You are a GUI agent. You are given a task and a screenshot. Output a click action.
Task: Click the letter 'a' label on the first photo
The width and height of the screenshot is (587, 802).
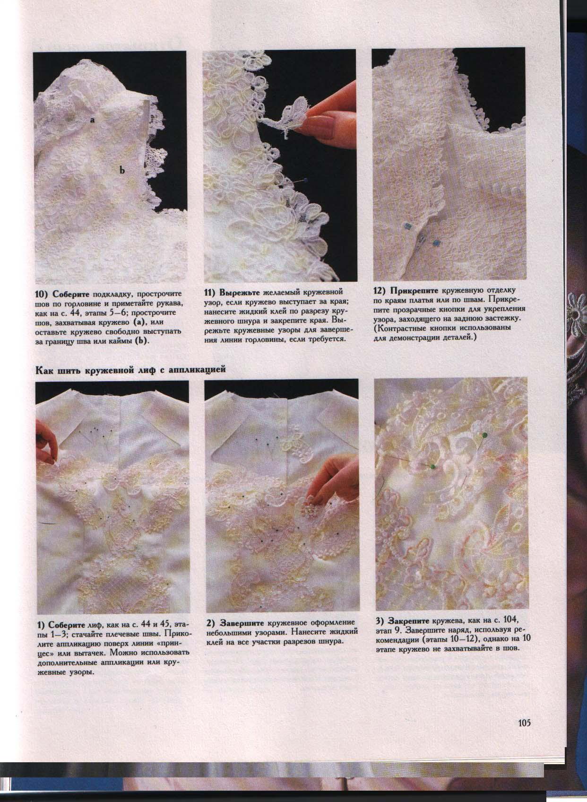(x=92, y=121)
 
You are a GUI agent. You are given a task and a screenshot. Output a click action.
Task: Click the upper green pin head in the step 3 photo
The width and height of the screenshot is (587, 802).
(x=484, y=435)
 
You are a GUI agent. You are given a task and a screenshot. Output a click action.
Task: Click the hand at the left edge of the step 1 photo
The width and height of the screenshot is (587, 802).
(x=47, y=442)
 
